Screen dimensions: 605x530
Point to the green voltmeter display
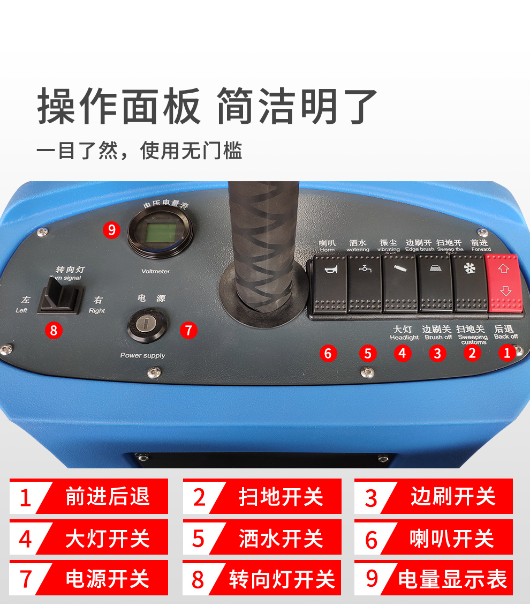(x=160, y=233)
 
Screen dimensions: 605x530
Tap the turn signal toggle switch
(x=60, y=297)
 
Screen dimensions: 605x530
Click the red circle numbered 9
(x=111, y=230)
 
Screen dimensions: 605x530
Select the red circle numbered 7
(x=188, y=330)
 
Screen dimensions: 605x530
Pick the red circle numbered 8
(x=53, y=330)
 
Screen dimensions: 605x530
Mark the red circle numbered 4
(x=402, y=353)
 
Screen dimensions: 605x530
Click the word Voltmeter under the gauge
(x=155, y=271)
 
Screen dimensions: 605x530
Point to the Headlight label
(x=404, y=338)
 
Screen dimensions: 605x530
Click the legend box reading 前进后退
(x=89, y=497)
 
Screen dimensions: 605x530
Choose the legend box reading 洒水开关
(x=262, y=537)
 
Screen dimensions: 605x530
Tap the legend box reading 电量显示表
(x=434, y=578)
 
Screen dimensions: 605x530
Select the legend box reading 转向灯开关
(x=262, y=578)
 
